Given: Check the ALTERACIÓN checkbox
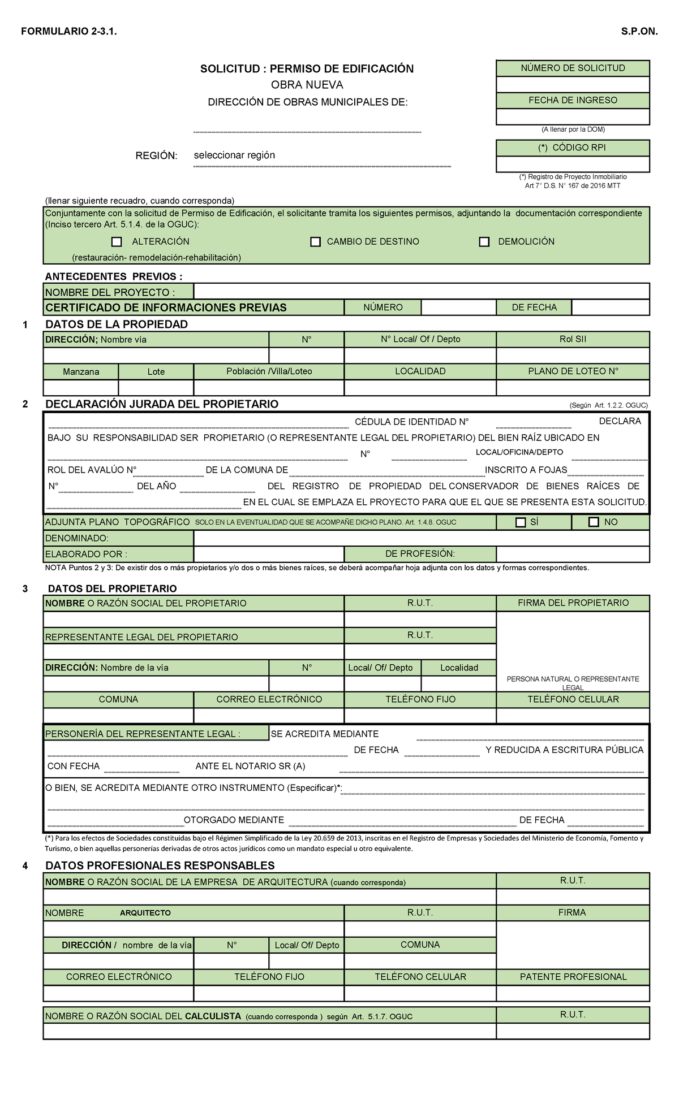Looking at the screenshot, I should pos(117,242).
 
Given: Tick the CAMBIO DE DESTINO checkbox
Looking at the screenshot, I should pos(316,242).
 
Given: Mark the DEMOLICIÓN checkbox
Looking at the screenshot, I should pos(484,242).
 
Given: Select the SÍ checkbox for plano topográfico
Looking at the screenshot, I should pos(521,522).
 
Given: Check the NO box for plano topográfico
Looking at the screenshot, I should pos(594,522).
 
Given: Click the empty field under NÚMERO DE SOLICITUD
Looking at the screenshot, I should pos(573,84).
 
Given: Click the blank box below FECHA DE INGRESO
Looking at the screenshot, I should pos(573,116).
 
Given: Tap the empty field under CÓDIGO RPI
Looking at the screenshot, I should pos(573,164).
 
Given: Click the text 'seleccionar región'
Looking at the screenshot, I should pos(234,155).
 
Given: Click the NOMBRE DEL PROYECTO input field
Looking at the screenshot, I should pos(421,292).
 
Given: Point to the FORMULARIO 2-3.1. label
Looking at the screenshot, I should pos(69,32).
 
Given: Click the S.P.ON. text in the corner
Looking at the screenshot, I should pos(639,32).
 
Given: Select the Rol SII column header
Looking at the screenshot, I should pos(573,339).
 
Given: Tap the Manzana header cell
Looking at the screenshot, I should pos(81,372).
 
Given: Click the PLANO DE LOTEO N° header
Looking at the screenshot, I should pos(573,371).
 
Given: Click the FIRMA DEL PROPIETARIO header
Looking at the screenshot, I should pos(573,603).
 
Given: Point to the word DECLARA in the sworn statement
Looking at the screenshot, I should pos(620,421).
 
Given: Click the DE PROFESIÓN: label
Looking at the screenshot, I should pos(420,554).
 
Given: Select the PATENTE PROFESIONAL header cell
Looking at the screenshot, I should pos(573,977).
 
